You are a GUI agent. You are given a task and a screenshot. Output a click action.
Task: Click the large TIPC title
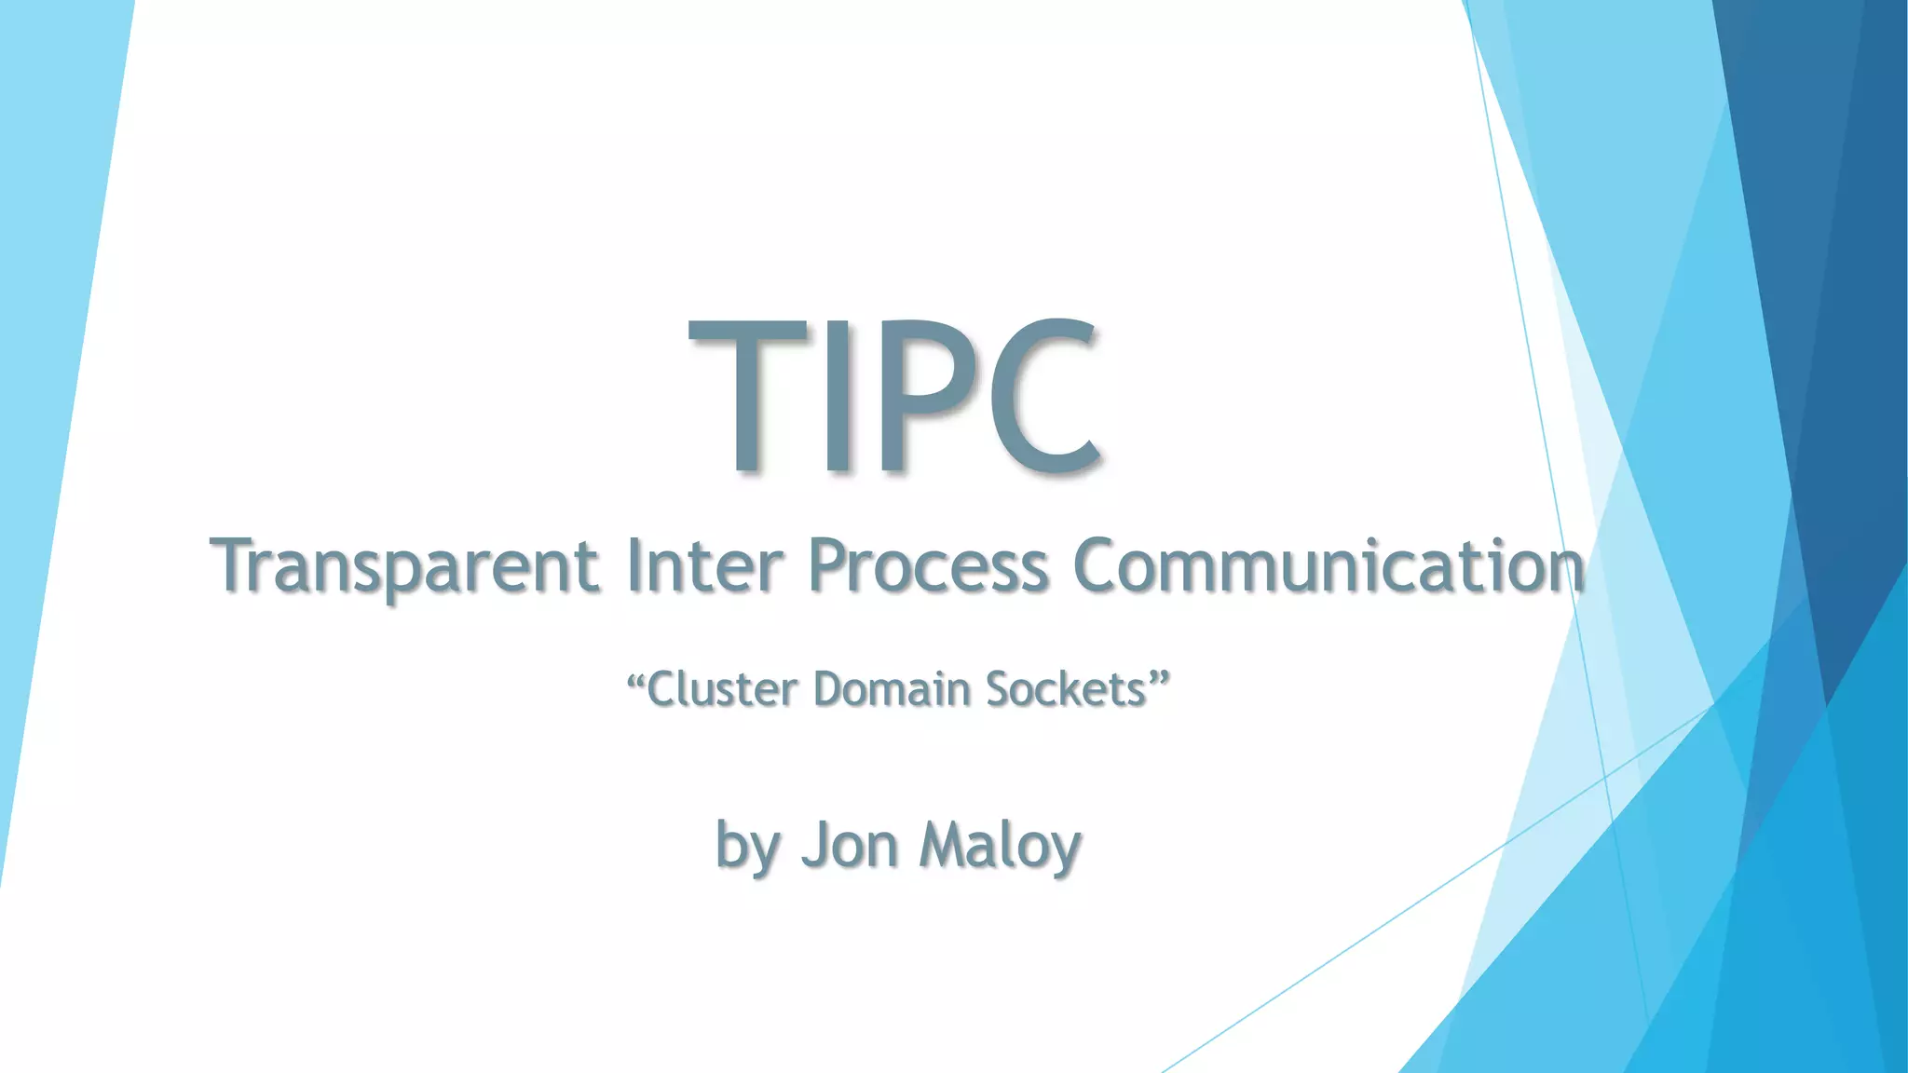tap(896, 396)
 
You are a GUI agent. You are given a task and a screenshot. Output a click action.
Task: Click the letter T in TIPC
tap(747, 396)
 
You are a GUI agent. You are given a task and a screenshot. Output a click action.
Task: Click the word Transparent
tap(404, 566)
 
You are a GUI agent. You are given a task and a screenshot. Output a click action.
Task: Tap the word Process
tap(928, 566)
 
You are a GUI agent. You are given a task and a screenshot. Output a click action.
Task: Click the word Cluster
tap(722, 689)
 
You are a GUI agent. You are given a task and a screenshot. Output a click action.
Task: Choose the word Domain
tap(892, 689)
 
